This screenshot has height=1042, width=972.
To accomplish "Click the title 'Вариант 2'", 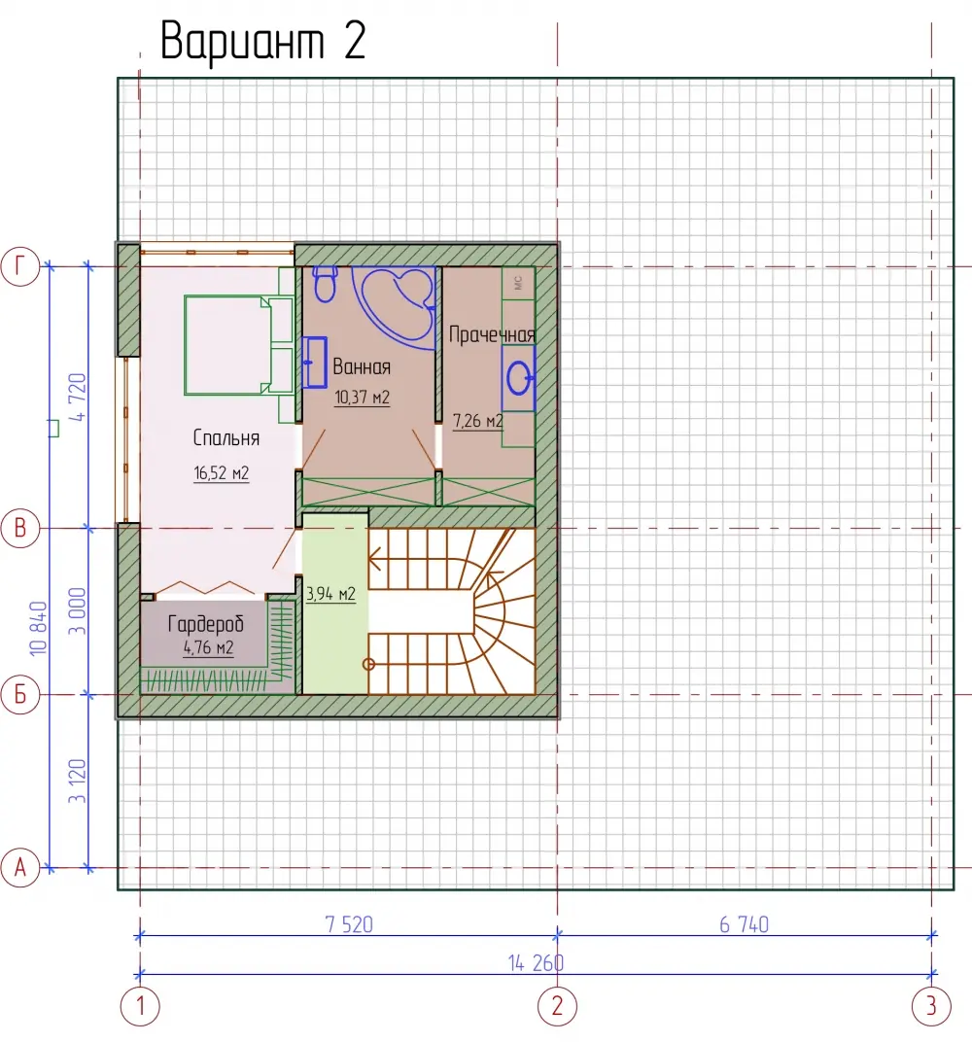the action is (x=263, y=41).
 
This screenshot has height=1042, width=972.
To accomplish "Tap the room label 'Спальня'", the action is (x=226, y=438).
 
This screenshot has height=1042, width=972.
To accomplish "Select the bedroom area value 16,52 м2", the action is (x=222, y=473).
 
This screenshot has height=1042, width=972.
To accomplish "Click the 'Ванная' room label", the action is (x=362, y=366).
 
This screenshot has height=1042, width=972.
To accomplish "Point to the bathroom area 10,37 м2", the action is (x=362, y=398).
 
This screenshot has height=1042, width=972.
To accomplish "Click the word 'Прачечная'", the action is (x=492, y=334).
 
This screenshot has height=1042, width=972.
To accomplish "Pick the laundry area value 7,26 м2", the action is (x=477, y=421).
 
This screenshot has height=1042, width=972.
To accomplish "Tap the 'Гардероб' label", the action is (x=205, y=624).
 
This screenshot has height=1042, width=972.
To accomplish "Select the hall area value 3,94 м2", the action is (x=330, y=594).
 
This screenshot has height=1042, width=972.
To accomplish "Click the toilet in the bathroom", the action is (x=325, y=284).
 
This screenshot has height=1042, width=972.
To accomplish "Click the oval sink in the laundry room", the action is (x=518, y=379).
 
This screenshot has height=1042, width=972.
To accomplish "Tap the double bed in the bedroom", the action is (x=238, y=346).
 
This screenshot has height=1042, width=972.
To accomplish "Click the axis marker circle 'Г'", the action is (x=20, y=266).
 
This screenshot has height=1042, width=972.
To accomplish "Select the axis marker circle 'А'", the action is (x=20, y=868).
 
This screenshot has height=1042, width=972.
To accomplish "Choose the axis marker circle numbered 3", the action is (x=931, y=1006).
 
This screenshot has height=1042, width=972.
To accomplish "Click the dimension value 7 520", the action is (x=349, y=924).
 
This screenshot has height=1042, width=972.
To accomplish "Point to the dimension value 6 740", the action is (x=745, y=924).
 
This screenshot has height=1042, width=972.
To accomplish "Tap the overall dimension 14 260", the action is (x=536, y=963).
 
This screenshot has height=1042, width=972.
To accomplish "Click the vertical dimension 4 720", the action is (x=77, y=398).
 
